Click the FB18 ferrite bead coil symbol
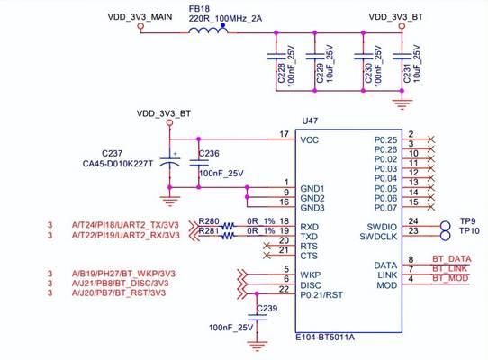[x=209, y=30]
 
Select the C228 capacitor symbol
[x=276, y=57]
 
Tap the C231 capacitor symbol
[x=402, y=57]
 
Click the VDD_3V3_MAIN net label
[x=140, y=17]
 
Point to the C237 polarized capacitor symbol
[x=169, y=162]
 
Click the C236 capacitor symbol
[x=199, y=163]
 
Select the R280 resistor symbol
[x=228, y=226]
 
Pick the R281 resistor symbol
[x=228, y=236]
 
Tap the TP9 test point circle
[x=446, y=226]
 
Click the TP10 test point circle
[x=446, y=236]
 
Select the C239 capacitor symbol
[x=258, y=318]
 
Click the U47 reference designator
[x=310, y=121]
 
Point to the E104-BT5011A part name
[x=325, y=337]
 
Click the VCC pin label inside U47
[x=310, y=140]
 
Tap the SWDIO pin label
[x=382, y=227]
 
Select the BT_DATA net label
[x=452, y=259]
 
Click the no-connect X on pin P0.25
[x=431, y=139]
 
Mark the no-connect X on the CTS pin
[x=267, y=256]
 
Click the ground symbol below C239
[x=258, y=346]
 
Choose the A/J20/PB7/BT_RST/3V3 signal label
[x=119, y=292]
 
